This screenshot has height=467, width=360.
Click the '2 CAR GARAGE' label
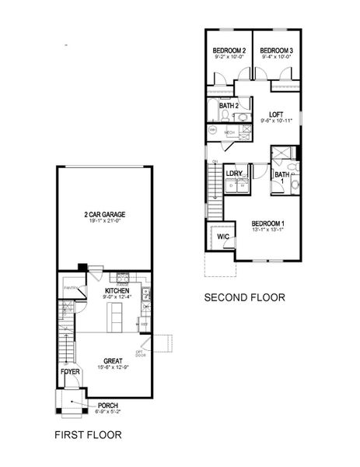(x=105, y=213)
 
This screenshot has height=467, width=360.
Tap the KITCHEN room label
(x=106, y=290)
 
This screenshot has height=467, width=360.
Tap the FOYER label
(x=70, y=371)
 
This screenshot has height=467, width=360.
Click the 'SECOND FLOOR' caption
(x=244, y=297)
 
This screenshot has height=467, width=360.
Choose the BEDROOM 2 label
(x=229, y=51)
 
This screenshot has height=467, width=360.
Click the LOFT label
(x=276, y=114)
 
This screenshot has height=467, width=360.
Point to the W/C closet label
(x=222, y=236)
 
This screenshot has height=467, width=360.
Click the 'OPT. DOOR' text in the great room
(x=141, y=353)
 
